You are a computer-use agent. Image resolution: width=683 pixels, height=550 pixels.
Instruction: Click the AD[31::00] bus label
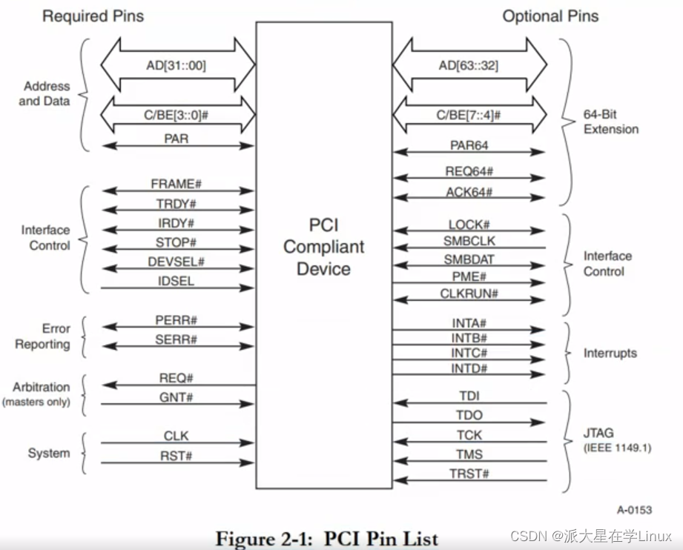pyautogui.click(x=176, y=66)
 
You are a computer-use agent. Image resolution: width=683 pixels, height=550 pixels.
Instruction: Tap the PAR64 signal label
pyautogui.click(x=469, y=145)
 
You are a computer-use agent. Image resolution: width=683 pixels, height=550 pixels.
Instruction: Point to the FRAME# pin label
pyautogui.click(x=176, y=184)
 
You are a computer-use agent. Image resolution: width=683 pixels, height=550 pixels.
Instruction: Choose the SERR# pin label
pyautogui.click(x=176, y=339)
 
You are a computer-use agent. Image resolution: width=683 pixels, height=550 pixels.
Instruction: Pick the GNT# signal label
pyautogui.click(x=176, y=397)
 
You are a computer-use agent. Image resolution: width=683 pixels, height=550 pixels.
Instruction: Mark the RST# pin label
pyautogui.click(x=176, y=456)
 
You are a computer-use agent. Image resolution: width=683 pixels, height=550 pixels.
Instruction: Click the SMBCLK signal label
pyautogui.click(x=469, y=242)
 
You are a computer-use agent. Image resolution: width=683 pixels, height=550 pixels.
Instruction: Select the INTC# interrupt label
pyautogui.click(x=469, y=353)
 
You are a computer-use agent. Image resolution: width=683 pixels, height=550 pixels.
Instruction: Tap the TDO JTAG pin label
pyautogui.click(x=469, y=417)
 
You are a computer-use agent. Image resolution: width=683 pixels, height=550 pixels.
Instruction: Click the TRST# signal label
pyautogui.click(x=469, y=474)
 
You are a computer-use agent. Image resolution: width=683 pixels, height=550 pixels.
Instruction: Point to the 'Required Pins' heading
pyautogui.click(x=93, y=16)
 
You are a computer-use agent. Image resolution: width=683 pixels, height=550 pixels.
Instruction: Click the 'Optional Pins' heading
pyautogui.click(x=550, y=16)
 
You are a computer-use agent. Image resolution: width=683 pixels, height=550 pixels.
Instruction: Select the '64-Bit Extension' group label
pyautogui.click(x=610, y=122)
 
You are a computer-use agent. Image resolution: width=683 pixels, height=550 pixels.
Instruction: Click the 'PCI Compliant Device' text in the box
pyautogui.click(x=323, y=247)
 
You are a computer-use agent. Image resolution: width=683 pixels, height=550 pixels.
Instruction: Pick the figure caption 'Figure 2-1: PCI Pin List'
pyautogui.click(x=327, y=538)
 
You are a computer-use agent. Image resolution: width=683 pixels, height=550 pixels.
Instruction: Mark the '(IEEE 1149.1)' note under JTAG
pyautogui.click(x=617, y=448)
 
